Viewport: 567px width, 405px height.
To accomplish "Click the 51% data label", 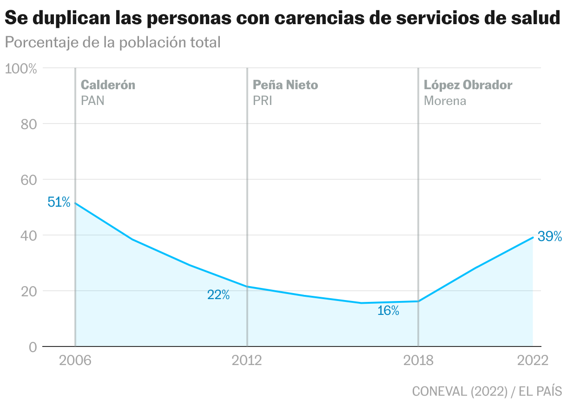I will pos(59,202).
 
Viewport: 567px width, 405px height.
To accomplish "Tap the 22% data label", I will pos(218,295).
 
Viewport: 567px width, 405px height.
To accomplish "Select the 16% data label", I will pos(388,311).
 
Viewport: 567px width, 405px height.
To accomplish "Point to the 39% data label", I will pos(550,236).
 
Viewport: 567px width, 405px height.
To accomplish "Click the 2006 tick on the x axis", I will pos(74,361).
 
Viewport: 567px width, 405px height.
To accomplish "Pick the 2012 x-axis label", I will pos(246,361).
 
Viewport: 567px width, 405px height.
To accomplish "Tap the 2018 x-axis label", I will pos(418,361).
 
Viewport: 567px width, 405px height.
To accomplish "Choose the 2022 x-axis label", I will pos(533,361).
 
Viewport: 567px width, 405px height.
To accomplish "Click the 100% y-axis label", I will pos(20,69).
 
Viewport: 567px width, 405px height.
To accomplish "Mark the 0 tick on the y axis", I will pos(33,347).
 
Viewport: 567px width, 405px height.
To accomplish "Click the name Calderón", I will pos(108,85).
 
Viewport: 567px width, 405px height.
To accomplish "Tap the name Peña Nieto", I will pos(285,85).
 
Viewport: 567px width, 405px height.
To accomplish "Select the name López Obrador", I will pos(468,85).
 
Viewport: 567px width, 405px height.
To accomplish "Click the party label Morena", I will pos(445,101).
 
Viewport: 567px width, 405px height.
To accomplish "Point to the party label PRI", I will pos(262,101).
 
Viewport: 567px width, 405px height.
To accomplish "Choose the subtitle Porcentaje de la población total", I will pos(112,43).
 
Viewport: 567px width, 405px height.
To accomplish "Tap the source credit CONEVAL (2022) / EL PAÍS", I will pos(487,391).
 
